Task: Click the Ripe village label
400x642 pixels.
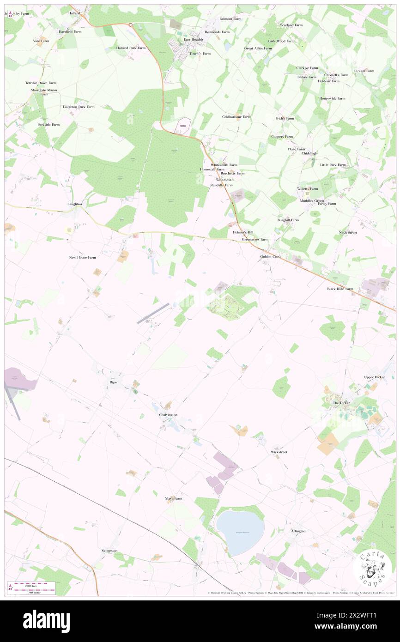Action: [x=113, y=382]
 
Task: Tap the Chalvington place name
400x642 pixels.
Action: [x=165, y=415]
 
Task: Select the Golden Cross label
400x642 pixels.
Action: [x=270, y=256]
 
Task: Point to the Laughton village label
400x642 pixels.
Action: [x=75, y=204]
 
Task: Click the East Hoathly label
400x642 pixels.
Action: [x=194, y=39]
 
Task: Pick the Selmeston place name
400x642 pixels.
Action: [x=109, y=551]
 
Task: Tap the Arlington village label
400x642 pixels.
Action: [x=298, y=531]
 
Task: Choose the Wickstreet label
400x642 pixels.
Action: [x=279, y=452]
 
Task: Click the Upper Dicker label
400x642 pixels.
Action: [x=374, y=377]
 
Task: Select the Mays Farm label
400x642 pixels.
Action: [x=174, y=499]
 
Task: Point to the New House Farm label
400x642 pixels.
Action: [x=82, y=257]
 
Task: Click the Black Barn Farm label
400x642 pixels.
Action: [x=340, y=289]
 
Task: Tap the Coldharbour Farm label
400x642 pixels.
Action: [x=236, y=117]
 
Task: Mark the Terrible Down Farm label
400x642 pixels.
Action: [x=41, y=83]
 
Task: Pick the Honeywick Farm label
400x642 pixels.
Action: [x=332, y=98]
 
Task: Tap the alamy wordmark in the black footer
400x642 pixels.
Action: [x=46, y=621]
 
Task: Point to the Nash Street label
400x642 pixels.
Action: [x=348, y=232]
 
